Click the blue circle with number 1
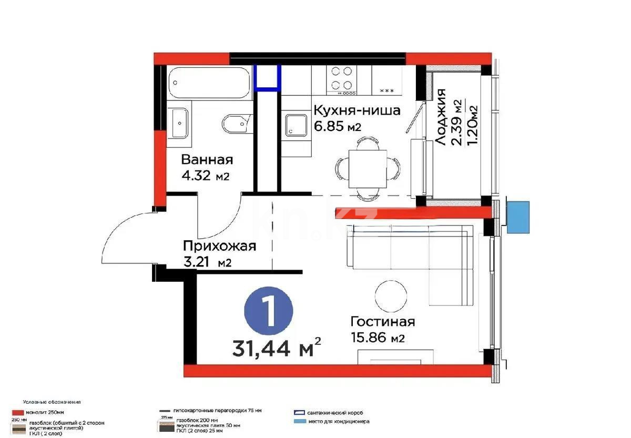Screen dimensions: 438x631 pyautogui.click(x=269, y=312)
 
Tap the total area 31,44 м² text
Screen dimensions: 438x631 pyautogui.click(x=276, y=348)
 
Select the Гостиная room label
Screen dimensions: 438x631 pyautogui.click(x=383, y=321)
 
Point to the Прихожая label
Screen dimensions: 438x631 pyautogui.click(x=219, y=246)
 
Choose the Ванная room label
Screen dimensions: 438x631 pyautogui.click(x=207, y=160)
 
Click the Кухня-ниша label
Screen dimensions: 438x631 pyautogui.click(x=357, y=110)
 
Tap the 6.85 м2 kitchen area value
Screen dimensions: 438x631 pyautogui.click(x=337, y=126)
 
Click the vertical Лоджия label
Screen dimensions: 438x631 pyautogui.click(x=441, y=117)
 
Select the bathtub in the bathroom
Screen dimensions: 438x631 pyautogui.click(x=209, y=83)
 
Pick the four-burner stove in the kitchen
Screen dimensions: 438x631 pyautogui.click(x=341, y=79)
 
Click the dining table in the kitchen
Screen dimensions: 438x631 pyautogui.click(x=368, y=167)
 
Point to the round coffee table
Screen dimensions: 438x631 pyautogui.click(x=391, y=296)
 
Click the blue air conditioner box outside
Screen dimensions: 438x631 pyautogui.click(x=518, y=217)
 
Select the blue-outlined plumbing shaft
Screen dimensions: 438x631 pyautogui.click(x=268, y=76)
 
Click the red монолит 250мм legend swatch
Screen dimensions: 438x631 pyautogui.click(x=17, y=413)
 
